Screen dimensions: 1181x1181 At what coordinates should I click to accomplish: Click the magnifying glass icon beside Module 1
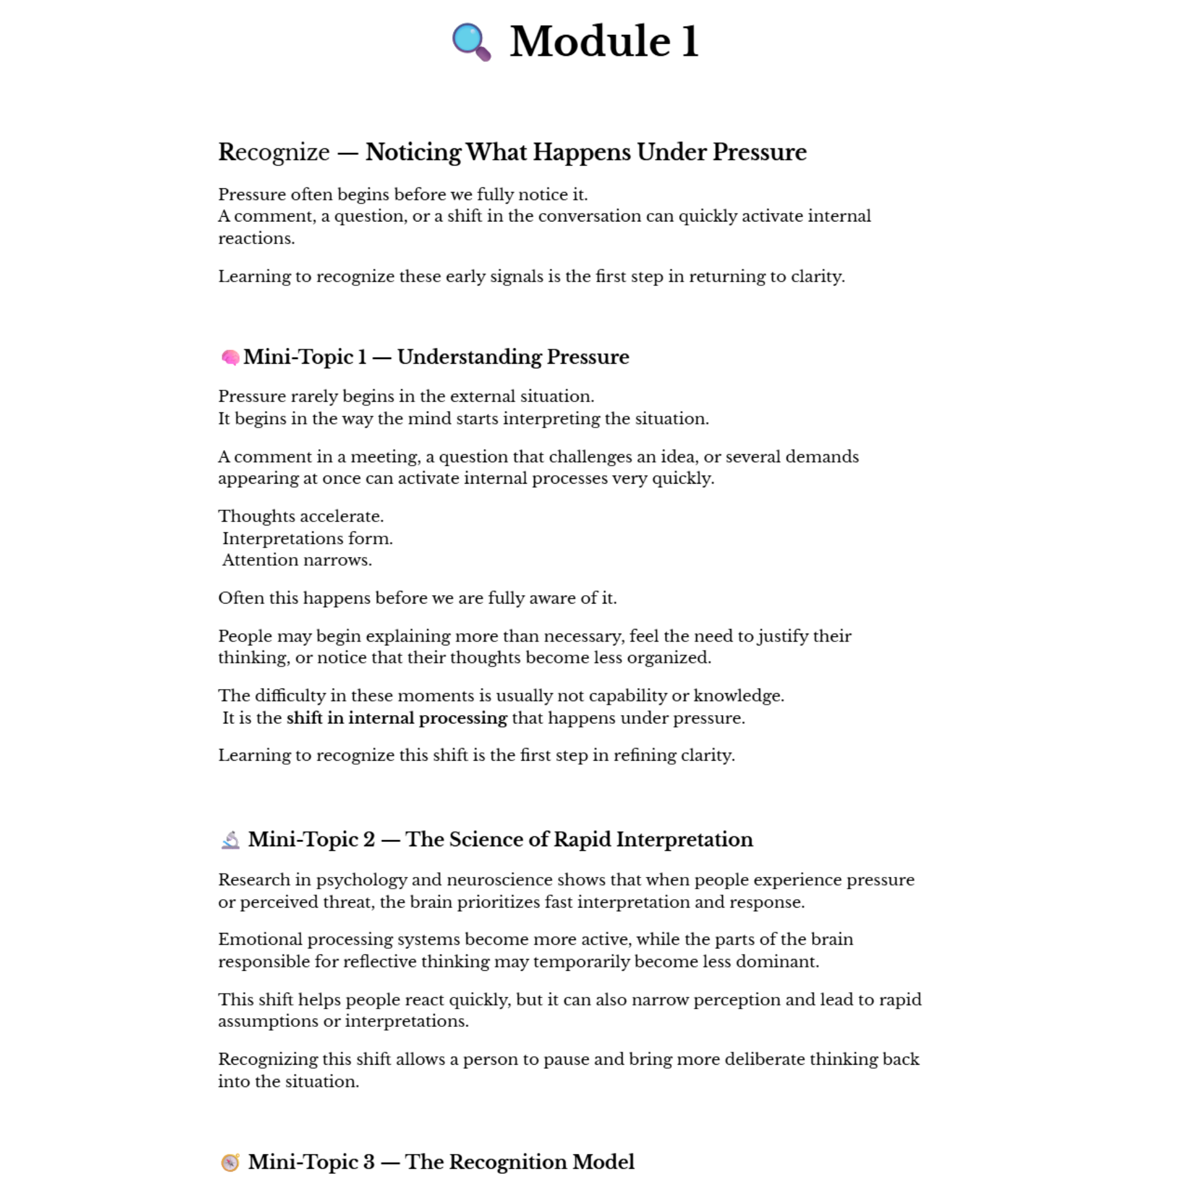coord(471,41)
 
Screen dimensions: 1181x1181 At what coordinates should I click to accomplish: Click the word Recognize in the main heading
coord(274,152)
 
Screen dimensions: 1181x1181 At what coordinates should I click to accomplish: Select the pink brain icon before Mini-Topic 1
coord(230,357)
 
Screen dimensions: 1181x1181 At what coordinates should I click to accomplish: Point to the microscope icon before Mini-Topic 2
coord(230,840)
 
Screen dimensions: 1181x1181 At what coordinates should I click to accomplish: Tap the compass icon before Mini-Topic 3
coord(230,1162)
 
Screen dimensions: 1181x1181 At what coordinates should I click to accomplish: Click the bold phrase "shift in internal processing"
coord(397,717)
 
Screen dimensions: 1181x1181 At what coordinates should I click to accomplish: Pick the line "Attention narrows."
coord(297,560)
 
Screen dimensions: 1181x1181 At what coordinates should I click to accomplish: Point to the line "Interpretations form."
coord(308,539)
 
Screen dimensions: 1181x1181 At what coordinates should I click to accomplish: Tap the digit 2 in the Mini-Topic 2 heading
coord(368,840)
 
